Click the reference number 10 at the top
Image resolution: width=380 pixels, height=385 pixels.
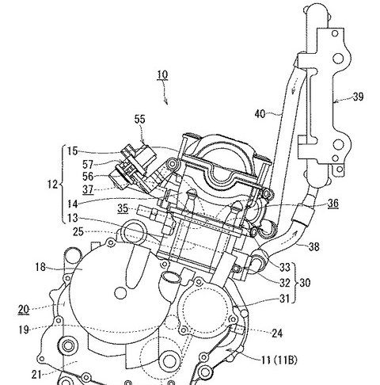(162, 74)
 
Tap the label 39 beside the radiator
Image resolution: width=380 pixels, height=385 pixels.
(358, 97)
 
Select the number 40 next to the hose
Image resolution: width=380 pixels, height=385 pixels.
(260, 114)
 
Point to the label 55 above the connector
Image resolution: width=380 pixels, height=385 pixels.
(140, 119)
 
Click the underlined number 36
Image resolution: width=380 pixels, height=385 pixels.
(333, 203)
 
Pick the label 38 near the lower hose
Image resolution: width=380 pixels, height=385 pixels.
(313, 246)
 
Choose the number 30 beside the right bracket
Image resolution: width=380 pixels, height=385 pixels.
(305, 283)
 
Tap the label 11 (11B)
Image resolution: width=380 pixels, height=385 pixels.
(279, 360)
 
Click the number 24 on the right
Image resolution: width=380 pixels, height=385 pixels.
(277, 334)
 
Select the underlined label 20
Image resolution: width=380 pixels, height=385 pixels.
(24, 309)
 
